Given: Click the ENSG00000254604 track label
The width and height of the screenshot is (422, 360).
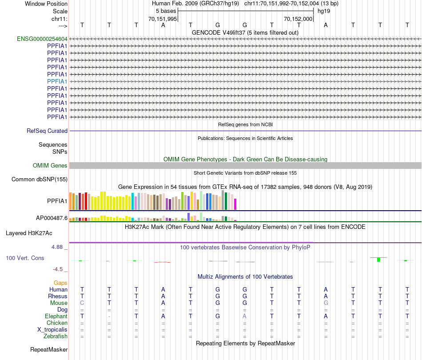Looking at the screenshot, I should [42, 39].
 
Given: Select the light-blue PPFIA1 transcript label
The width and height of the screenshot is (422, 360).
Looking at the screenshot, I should [57, 81].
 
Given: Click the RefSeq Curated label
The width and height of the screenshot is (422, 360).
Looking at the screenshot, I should [47, 131].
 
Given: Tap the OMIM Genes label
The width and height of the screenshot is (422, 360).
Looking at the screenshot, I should [50, 166].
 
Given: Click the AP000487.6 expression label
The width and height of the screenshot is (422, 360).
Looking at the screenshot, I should [52, 218].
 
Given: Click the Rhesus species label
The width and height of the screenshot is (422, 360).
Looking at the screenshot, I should [58, 296].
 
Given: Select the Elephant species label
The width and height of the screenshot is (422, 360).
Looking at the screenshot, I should [56, 316].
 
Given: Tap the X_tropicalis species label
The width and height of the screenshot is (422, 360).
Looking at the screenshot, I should [52, 330].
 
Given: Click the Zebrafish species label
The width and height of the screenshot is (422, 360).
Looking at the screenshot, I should [56, 336].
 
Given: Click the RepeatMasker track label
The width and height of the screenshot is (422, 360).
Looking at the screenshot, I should [49, 350].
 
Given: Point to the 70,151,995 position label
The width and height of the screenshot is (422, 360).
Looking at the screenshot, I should [163, 19].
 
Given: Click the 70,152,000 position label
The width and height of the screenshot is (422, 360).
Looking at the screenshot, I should [299, 19].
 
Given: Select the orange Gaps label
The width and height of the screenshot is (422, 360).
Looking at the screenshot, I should [60, 283].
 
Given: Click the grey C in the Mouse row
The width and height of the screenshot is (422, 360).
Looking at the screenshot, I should [82, 303].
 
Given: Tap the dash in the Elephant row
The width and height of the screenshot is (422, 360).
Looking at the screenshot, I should [109, 316].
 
